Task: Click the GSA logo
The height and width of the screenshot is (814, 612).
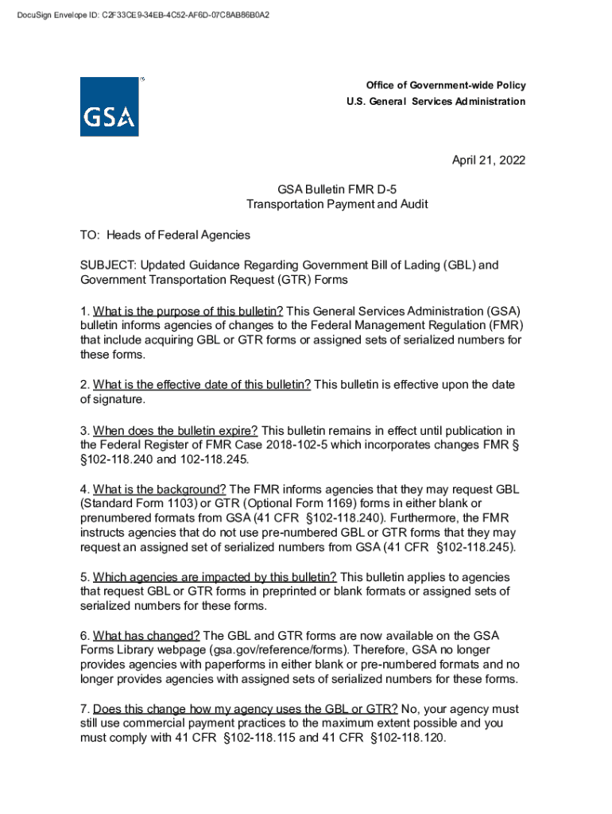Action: tap(109, 107)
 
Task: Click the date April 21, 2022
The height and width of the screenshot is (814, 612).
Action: tap(489, 161)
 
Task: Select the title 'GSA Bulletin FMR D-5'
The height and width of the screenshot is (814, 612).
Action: tap(336, 190)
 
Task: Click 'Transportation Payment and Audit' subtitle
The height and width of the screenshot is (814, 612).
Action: tap(336, 204)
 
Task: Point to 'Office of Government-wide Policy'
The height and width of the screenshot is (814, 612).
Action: tap(445, 86)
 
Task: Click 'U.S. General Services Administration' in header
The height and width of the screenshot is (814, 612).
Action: tap(436, 102)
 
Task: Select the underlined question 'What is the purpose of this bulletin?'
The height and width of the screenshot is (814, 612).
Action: tap(188, 311)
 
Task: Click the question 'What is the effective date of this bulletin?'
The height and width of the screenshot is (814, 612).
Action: tap(202, 385)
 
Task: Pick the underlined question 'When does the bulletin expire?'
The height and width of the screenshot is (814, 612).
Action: tap(176, 431)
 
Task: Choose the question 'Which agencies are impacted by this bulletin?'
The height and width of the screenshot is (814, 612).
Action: tap(215, 576)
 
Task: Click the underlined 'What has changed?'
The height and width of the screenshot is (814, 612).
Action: tap(146, 635)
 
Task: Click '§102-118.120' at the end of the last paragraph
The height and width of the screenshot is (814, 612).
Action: tap(407, 738)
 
